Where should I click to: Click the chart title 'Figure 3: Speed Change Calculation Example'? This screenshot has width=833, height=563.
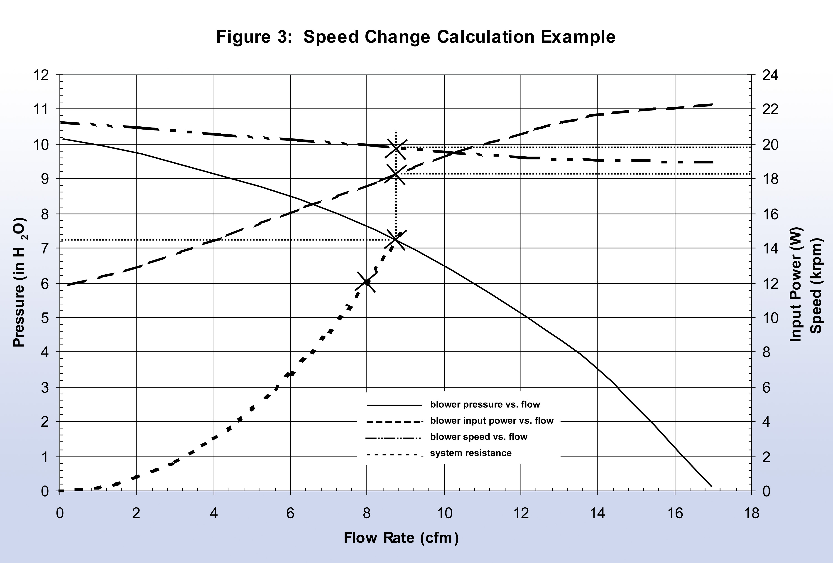tap(416, 37)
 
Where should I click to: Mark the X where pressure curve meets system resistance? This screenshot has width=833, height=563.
tap(396, 240)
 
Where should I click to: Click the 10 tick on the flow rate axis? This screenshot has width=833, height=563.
tap(444, 514)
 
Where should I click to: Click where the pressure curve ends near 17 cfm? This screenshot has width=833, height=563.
tap(711, 486)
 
